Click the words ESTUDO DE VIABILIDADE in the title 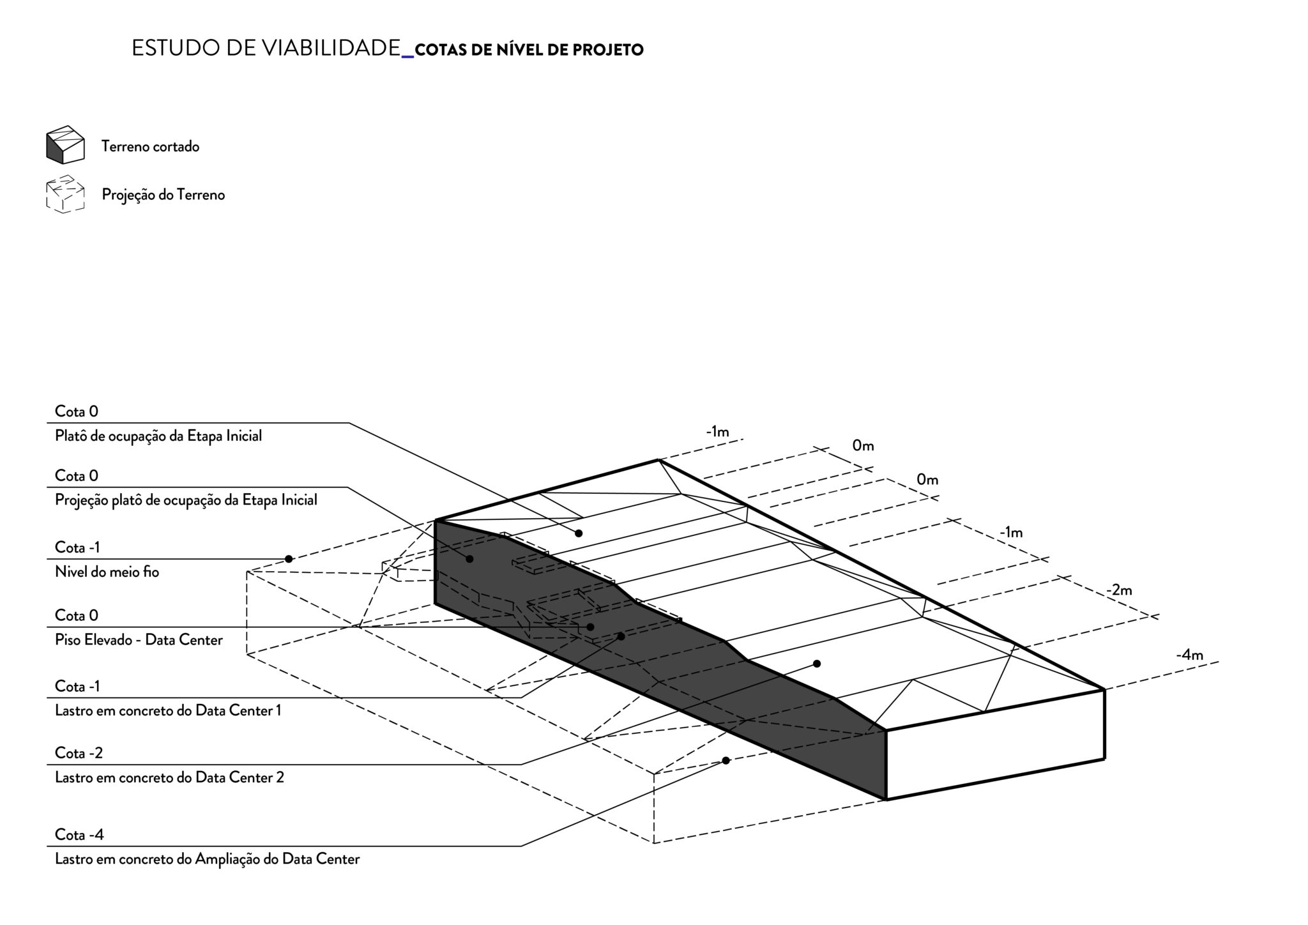[265, 49]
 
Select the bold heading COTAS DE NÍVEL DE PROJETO [529, 50]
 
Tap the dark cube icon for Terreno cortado [65, 145]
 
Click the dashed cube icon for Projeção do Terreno [65, 194]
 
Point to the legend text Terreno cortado [150, 146]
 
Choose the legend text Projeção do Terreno [163, 194]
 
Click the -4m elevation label [1189, 655]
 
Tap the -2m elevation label [1118, 590]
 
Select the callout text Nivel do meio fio [107, 572]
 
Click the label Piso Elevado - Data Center [139, 639]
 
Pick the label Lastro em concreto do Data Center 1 [168, 710]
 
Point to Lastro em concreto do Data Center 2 [169, 777]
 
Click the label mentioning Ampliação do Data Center [207, 859]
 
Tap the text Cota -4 [79, 835]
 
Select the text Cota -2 [79, 753]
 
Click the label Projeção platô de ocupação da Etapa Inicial [186, 500]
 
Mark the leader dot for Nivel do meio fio [289, 559]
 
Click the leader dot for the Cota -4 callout [726, 760]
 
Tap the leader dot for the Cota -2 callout [816, 664]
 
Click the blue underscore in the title [407, 57]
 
